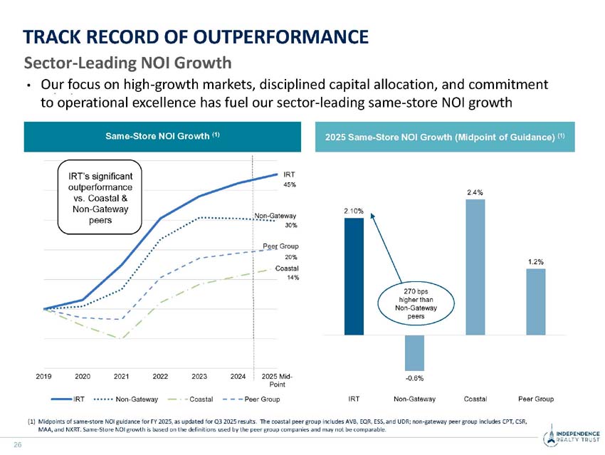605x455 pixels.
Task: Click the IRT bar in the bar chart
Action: coord(354,276)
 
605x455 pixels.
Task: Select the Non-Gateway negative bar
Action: coord(414,351)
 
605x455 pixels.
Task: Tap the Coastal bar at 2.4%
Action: coord(475,266)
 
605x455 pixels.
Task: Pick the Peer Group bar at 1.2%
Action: coord(536,301)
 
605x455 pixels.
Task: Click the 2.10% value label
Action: coord(354,211)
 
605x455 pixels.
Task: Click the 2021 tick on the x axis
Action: coord(121,376)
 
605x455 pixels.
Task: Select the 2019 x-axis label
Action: coord(44,376)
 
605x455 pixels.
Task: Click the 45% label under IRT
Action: coord(290,184)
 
